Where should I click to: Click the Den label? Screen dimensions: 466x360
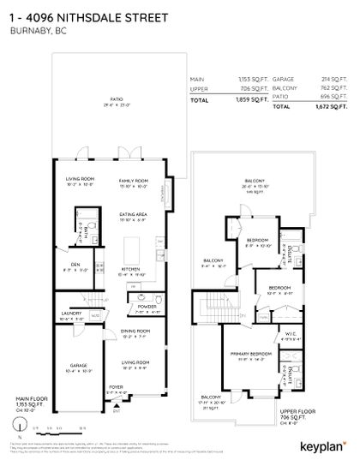75,264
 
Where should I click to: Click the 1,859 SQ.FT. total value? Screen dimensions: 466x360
246,100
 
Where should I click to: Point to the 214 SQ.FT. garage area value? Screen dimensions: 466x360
334,79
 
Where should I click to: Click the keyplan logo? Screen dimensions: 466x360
322,445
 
